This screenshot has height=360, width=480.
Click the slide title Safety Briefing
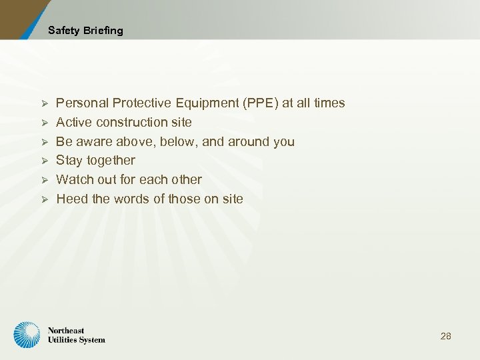[85, 31]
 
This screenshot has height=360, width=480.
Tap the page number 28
[446, 336]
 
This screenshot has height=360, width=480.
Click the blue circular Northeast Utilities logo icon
[27, 335]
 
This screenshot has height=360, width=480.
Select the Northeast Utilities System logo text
[76, 335]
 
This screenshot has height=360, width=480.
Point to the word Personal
[83, 103]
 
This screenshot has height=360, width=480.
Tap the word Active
[74, 123]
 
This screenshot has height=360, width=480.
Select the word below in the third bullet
[178, 142]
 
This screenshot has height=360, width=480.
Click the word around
[250, 142]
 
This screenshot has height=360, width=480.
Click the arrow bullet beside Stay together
[45, 161]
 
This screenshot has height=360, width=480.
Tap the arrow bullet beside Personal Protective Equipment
[45, 103]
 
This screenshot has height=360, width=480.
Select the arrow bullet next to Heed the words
[45, 199]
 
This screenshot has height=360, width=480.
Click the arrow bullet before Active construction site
[45, 123]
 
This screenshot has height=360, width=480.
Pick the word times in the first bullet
[329, 103]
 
